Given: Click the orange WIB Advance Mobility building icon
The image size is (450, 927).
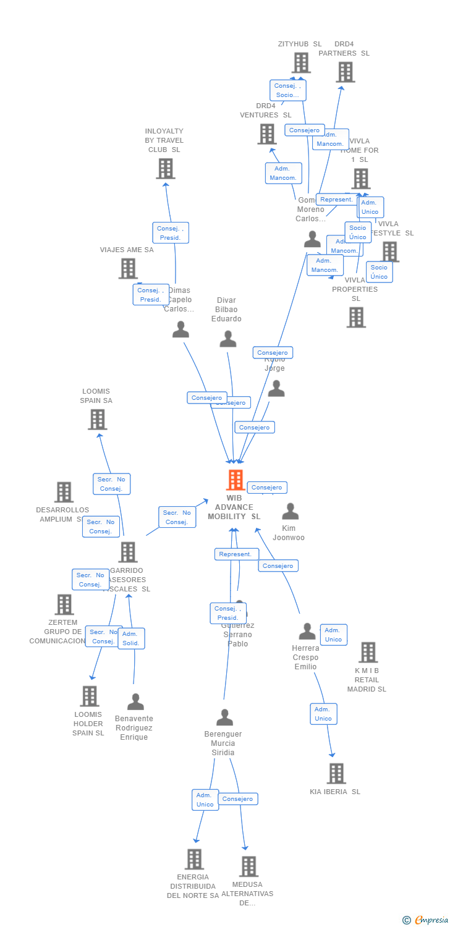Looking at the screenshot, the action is tap(235, 480).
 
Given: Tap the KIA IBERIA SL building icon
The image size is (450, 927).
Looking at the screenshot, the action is tap(336, 773).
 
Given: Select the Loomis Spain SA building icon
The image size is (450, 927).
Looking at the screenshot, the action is tap(97, 420).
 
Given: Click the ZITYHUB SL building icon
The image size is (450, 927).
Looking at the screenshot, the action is tap(301, 62).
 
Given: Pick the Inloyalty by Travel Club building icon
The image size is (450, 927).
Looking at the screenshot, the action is tap(165, 169).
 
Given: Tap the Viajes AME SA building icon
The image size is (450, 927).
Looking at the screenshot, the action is tap(127, 268).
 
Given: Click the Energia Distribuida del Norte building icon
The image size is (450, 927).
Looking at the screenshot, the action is tap(194, 859).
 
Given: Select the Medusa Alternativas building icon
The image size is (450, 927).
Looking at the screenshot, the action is tap(248, 866).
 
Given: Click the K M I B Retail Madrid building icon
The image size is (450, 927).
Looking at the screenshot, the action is tap(368, 652).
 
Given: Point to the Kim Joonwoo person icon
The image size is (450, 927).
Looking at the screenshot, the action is tap(290, 512).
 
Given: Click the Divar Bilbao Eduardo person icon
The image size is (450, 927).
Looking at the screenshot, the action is tap(228, 339).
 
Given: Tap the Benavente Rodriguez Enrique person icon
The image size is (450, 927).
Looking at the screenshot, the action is tap(135, 702).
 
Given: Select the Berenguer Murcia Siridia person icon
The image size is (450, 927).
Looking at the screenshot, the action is tap(224, 717).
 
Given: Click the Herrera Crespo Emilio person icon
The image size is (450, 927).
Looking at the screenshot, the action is tap(307, 632).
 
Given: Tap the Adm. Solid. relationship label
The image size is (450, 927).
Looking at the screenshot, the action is tap(131, 638).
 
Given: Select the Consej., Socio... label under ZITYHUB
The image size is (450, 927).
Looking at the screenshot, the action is tap(287, 90).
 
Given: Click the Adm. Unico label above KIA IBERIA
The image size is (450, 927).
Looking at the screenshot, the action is tap(323, 714).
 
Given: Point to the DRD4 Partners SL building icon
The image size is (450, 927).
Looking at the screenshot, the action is tap(345, 72).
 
